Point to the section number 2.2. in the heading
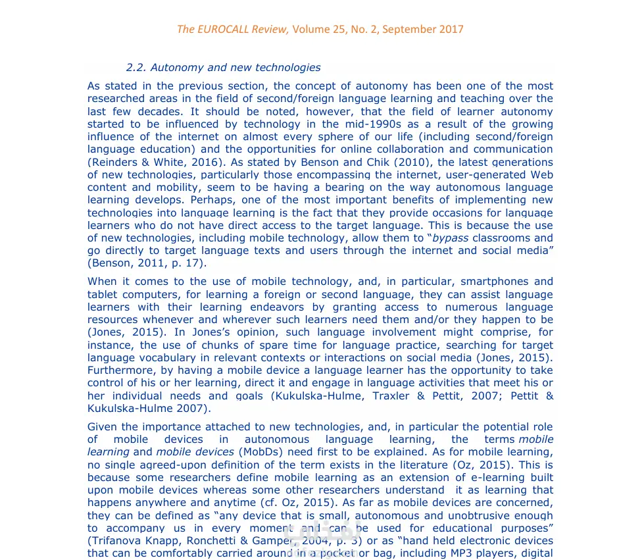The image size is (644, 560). pos(136,67)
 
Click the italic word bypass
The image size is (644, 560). pos(451,238)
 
